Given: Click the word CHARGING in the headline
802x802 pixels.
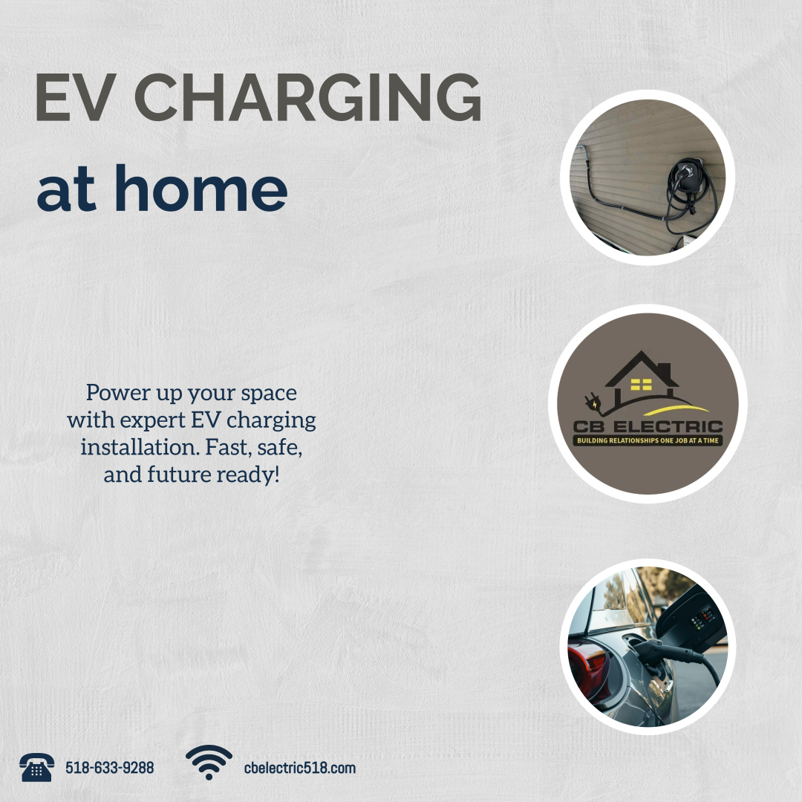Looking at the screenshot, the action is pos(307,97).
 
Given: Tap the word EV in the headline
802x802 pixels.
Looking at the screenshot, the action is pos(73,97).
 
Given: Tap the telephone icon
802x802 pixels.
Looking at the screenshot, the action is pos(36,767).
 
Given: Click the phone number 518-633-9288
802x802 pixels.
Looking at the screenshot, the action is pos(109,768).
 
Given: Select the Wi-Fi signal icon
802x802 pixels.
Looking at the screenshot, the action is pos(209,762).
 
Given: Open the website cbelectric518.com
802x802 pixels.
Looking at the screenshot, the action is pos(300,768).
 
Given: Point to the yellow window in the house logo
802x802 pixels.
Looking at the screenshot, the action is pos(641,384).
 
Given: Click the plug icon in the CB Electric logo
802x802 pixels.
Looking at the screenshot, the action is pos(593,402).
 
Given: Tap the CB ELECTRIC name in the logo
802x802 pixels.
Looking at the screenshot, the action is pos(648,426).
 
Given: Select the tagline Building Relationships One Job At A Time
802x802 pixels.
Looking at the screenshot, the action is pos(648,440).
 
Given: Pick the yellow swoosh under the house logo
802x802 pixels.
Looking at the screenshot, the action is pos(675,409).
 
